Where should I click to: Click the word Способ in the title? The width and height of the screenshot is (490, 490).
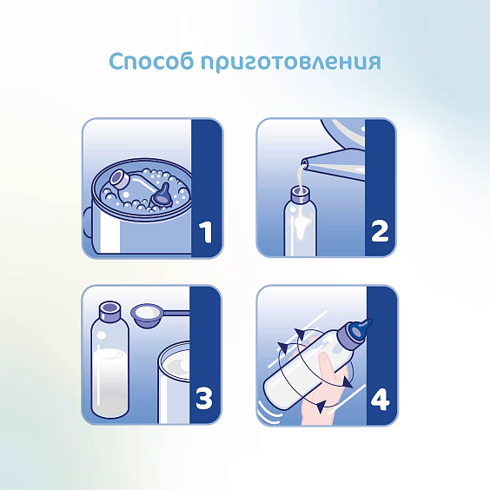click(151, 61)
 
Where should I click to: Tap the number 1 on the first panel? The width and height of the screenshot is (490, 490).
click(206, 232)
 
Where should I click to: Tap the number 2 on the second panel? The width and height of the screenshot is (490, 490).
click(380, 232)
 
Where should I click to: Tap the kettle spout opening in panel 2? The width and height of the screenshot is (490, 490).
click(305, 162)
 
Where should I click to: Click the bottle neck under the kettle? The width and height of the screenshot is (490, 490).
click(300, 195)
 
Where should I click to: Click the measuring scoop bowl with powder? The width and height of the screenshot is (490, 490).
click(145, 315)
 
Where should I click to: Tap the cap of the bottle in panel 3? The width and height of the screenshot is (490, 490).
click(109, 311)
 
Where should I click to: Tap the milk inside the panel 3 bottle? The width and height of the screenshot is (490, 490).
click(110, 381)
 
